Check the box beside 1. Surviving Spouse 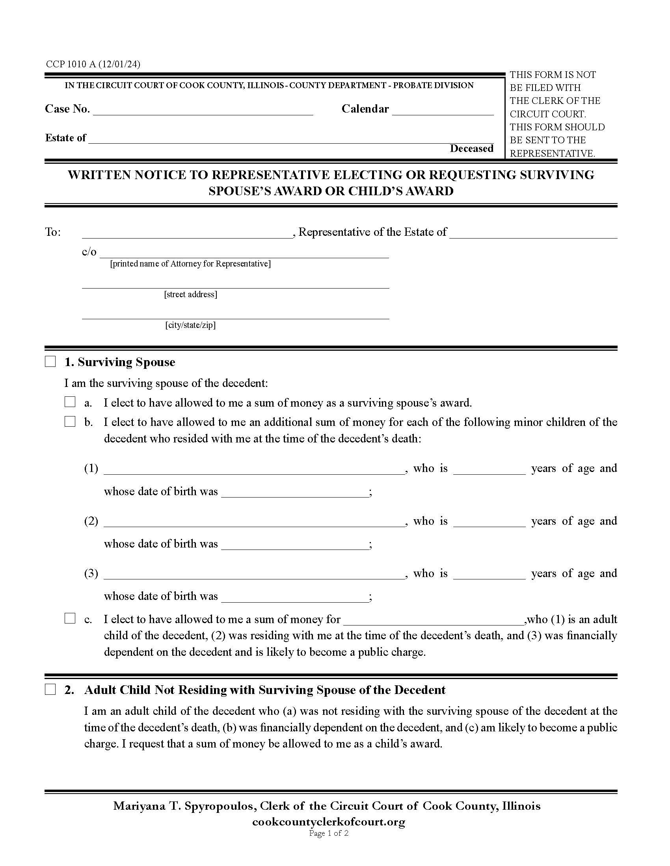(x=50, y=362)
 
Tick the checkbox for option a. (x=70, y=402)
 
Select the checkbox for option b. (x=70, y=422)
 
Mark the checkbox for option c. (x=70, y=618)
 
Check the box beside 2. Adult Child (x=50, y=690)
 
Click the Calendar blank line (x=443, y=111)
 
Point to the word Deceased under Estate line (x=471, y=149)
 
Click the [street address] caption (x=190, y=294)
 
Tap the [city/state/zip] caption (x=190, y=325)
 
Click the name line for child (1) (x=254, y=470)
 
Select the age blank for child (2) (x=489, y=523)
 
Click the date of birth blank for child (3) (x=294, y=598)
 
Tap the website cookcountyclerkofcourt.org (x=329, y=822)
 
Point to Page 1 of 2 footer (x=329, y=833)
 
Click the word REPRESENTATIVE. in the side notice (x=552, y=154)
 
